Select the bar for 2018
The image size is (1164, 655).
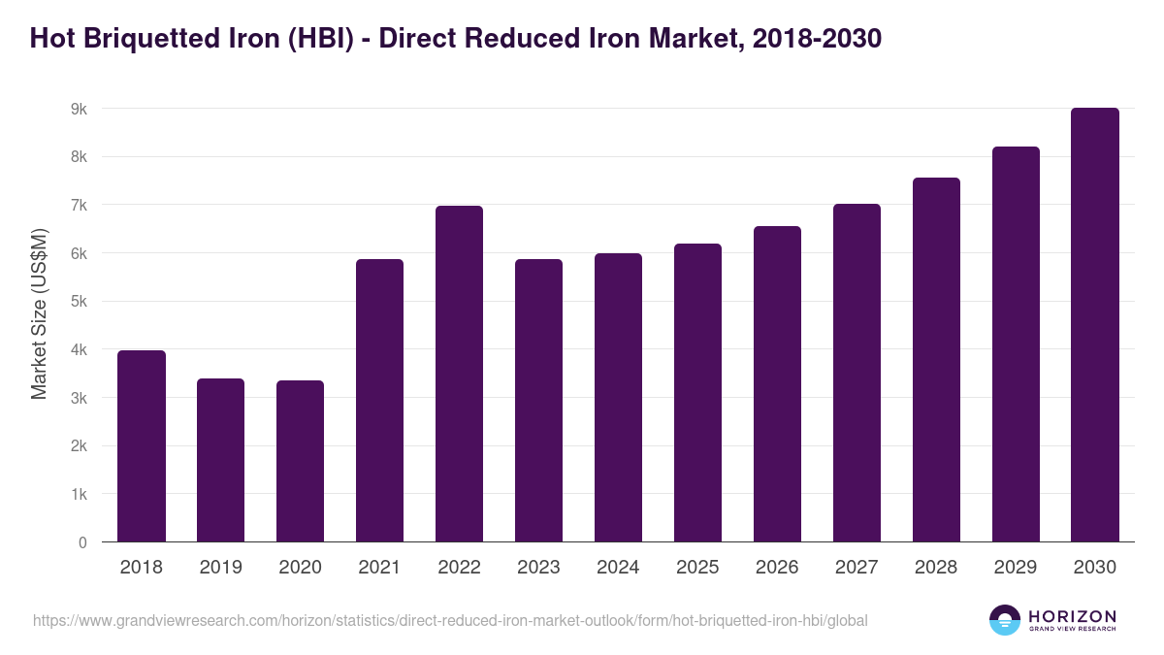[x=142, y=446]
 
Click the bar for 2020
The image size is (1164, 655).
[x=301, y=461]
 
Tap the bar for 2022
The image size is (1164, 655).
[x=459, y=374]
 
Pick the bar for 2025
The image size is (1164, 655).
[x=697, y=393]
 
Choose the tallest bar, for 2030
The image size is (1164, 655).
[x=1095, y=325]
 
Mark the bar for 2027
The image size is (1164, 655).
[x=857, y=374]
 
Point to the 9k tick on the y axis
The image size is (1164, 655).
[x=79, y=109]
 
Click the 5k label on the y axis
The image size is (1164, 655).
[x=79, y=302]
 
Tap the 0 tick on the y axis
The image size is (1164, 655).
[x=82, y=543]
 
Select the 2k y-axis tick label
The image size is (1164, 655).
[x=79, y=446]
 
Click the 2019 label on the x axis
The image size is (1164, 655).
[x=221, y=568]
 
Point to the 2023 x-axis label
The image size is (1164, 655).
[x=538, y=568]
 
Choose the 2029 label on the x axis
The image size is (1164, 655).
[x=1016, y=568]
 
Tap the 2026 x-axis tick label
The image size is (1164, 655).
[x=777, y=568]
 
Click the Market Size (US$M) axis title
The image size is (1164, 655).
[x=40, y=313]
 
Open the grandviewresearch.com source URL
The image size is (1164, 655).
[x=450, y=620]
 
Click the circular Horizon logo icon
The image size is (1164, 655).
[x=1005, y=620]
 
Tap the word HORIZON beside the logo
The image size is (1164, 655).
[x=1072, y=616]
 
